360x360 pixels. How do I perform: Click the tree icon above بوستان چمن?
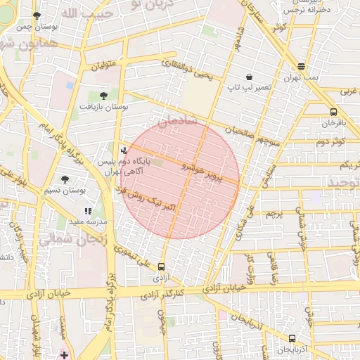pos(37,15)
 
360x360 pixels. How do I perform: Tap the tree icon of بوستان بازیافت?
pos(105,94)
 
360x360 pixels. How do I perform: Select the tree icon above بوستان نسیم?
pos(65,180)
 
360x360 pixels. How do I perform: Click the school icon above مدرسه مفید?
pos(88,210)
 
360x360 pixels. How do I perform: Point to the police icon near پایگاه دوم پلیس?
pos(124,149)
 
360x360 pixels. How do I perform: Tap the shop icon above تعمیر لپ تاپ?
pos(250,77)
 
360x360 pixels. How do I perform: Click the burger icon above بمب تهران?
pos(301,66)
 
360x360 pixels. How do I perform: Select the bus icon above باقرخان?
pos(333,112)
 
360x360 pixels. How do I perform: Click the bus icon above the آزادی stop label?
pos(162,267)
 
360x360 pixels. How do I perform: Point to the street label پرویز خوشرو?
pos(210,172)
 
